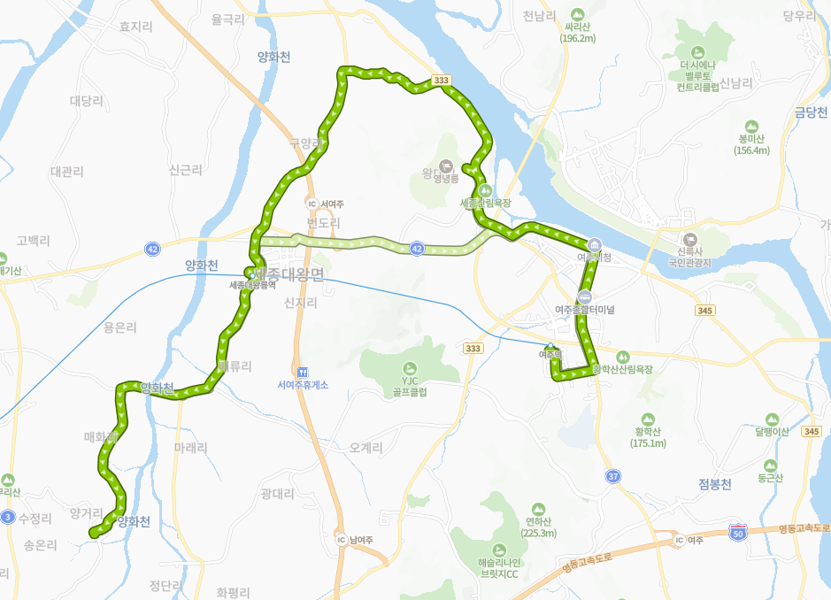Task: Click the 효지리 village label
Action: [135, 27]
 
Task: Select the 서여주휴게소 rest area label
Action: [303, 385]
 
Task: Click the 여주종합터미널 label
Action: [584, 310]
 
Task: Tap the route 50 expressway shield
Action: [739, 533]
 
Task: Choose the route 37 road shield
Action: [613, 476]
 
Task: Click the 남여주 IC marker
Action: [341, 539]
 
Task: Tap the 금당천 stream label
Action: [809, 112]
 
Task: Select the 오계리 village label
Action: [365, 449]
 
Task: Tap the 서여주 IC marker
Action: [312, 203]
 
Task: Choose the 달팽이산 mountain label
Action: [772, 432]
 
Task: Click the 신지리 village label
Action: [300, 303]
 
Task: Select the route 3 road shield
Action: [8, 516]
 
